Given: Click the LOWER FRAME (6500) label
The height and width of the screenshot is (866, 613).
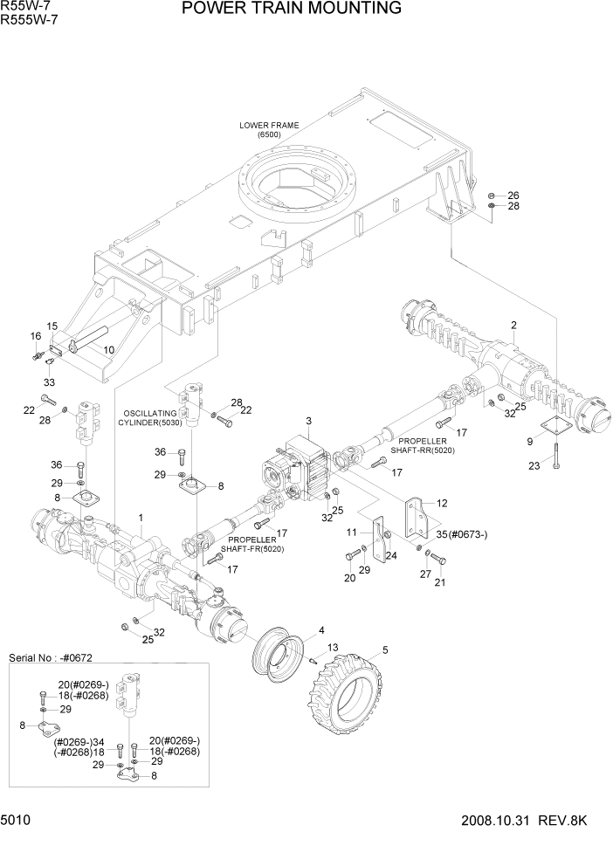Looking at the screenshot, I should point(269,130).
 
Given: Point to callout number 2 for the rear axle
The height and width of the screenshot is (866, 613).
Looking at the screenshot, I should point(514,326).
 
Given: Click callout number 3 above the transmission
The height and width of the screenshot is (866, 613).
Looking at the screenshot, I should point(308,422).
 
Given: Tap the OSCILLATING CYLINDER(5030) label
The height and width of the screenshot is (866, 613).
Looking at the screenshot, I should point(148,416).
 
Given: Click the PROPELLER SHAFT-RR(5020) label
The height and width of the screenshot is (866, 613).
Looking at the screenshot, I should point(425,445).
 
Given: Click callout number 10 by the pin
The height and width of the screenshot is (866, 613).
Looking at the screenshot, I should point(109,350).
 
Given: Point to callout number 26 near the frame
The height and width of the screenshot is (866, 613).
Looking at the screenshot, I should point(513,195).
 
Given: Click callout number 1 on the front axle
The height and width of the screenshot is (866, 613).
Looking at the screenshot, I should point(141,519).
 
